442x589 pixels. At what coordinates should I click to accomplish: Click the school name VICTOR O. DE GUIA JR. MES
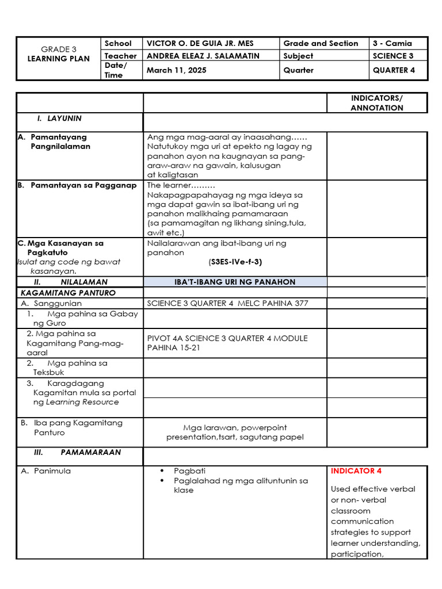[x=200, y=44]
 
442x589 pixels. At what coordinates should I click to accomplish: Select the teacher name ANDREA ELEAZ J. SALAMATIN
[x=203, y=56]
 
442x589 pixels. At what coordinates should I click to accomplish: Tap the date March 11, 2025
[x=176, y=70]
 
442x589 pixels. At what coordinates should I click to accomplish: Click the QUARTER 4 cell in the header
[x=393, y=70]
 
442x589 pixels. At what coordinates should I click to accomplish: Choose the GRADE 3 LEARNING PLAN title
[x=59, y=54]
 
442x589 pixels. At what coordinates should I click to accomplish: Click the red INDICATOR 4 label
[x=356, y=471]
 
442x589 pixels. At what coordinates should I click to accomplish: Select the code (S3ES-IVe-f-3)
[x=235, y=262]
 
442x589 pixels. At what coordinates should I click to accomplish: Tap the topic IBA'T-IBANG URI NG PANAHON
[x=235, y=282]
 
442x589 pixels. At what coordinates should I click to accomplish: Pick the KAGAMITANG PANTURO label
[x=68, y=293]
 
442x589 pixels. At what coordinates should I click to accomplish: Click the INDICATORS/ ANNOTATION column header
[x=377, y=103]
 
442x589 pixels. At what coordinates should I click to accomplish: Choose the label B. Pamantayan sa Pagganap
[x=77, y=185]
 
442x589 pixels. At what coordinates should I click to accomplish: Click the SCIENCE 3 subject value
[x=393, y=56]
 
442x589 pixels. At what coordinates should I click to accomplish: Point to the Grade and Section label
[x=321, y=44]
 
